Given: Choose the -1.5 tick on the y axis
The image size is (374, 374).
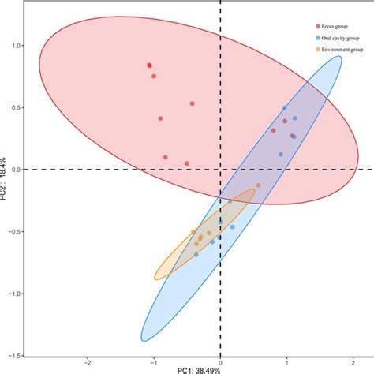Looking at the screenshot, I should point(13,355).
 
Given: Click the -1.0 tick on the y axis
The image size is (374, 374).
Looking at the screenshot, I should point(13,293).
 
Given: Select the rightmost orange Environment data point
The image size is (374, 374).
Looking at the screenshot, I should point(256,186).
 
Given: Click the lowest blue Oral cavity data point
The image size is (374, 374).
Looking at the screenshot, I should point(196,255).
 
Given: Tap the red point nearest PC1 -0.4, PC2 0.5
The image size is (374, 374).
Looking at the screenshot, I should point(192,103).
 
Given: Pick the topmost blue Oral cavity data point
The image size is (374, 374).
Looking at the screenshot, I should point(284,108).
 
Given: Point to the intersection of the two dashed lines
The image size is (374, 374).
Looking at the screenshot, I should point(220,169).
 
